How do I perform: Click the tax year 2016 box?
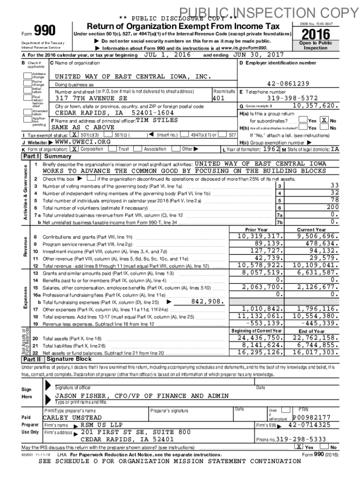click(x=316, y=34)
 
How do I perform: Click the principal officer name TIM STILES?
click(x=157, y=120)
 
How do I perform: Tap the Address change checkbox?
click(x=28, y=75)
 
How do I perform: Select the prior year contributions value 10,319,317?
click(x=261, y=236)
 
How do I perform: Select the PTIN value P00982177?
click(x=311, y=417)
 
